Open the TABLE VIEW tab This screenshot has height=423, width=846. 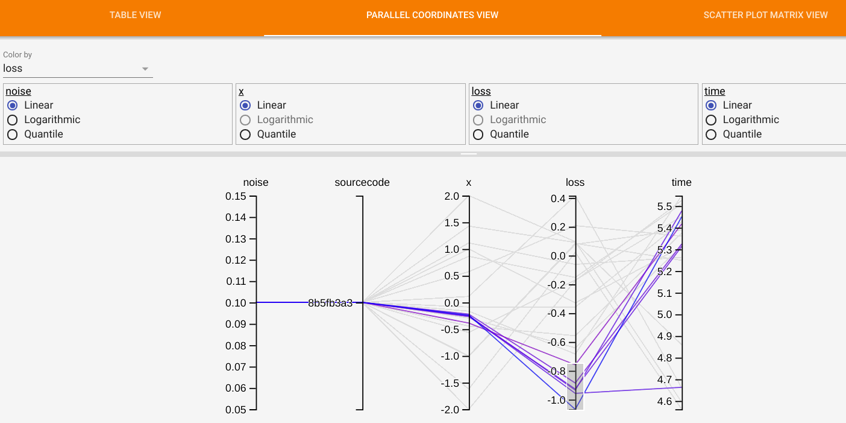pos(135,14)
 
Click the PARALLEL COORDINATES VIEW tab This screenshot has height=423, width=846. pos(432,14)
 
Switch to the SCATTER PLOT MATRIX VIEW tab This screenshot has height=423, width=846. pos(765,14)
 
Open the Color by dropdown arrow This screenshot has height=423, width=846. pos(145,69)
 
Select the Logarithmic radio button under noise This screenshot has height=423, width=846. pos(12,119)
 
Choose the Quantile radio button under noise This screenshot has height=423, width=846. pos(12,134)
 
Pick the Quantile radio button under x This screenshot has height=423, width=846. pos(245,134)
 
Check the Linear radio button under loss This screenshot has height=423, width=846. pos(478,105)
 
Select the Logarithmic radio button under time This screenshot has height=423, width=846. pos(711,119)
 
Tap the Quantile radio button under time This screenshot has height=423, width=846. pos(711,134)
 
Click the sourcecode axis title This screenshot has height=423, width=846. pos(362,182)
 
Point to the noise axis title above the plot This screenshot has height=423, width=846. pos(255,182)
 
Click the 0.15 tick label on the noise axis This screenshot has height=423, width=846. pos(236,196)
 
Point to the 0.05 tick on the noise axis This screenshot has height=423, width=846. pos(236,410)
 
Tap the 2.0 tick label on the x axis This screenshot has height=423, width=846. pos(452,196)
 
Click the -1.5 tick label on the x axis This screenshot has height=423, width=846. pos(450,383)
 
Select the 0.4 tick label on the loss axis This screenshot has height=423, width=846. pos(558,199)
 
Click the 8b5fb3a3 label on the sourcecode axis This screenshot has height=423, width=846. pos(330,303)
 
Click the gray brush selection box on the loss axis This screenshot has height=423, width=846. pos(575,386)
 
